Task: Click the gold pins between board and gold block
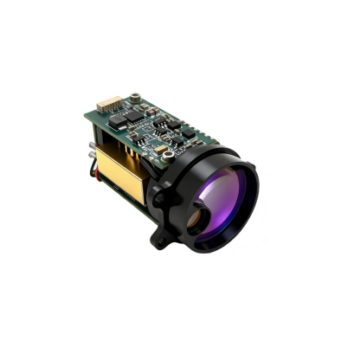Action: [130, 142]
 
